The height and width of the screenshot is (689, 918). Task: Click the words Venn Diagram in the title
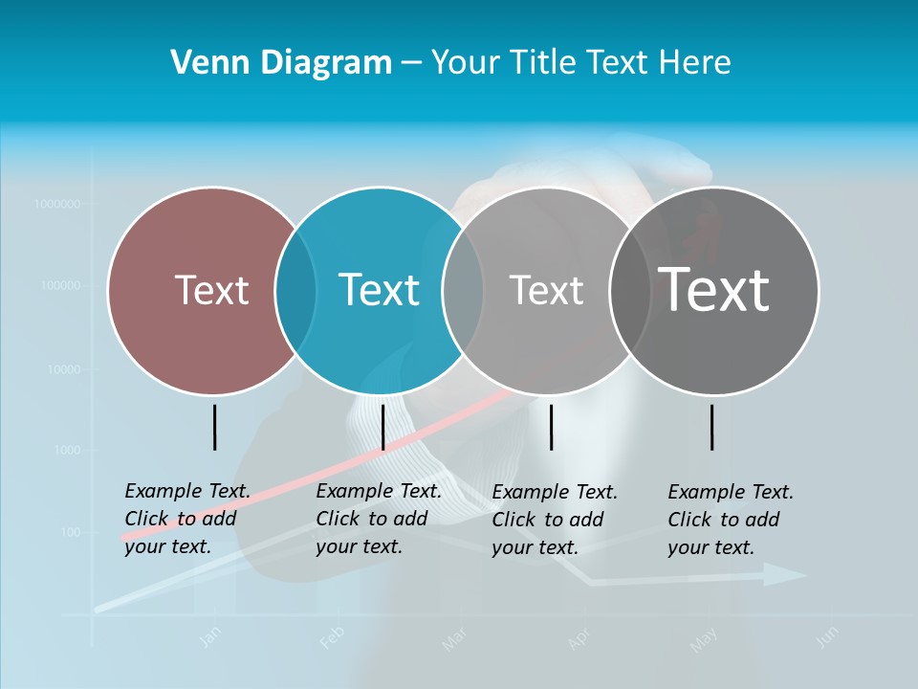pyautogui.click(x=281, y=63)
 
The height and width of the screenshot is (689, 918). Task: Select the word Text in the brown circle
pyautogui.click(x=211, y=290)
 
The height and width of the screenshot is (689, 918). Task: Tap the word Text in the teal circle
pyautogui.click(x=379, y=290)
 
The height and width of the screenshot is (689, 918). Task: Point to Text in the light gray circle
pyautogui.click(x=546, y=290)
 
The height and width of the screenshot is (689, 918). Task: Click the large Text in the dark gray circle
pyautogui.click(x=713, y=289)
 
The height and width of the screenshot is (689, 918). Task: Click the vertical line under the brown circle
pyautogui.click(x=214, y=427)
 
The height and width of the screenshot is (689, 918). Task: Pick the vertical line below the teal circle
pyautogui.click(x=382, y=427)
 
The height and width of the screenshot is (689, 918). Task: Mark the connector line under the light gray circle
pyautogui.click(x=551, y=427)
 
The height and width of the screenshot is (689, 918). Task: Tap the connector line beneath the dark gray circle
pyautogui.click(x=711, y=427)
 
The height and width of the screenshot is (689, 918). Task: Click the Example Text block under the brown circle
pyautogui.click(x=187, y=519)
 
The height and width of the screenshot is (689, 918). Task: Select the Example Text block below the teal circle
pyautogui.click(x=379, y=519)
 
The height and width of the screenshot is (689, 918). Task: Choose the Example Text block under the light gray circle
pyautogui.click(x=555, y=520)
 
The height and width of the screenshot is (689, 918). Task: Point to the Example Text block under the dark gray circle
pyautogui.click(x=731, y=520)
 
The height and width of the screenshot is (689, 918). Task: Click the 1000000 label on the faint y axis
pyautogui.click(x=57, y=204)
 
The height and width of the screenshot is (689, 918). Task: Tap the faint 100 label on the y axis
pyautogui.click(x=71, y=532)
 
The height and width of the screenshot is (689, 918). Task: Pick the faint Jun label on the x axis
pyautogui.click(x=828, y=635)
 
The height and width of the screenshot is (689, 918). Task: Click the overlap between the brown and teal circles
pyautogui.click(x=295, y=290)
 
